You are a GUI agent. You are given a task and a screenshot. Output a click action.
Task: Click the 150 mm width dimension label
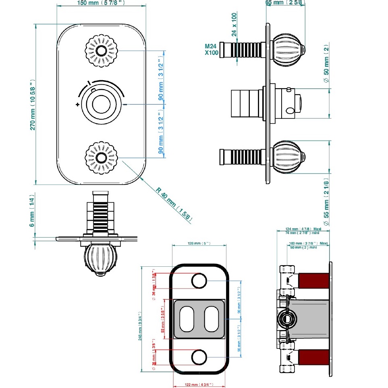(x=101, y=3)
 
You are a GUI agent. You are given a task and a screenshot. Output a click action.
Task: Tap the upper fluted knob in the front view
(x=99, y=51)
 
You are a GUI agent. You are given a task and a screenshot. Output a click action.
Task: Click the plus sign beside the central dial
(x=77, y=105)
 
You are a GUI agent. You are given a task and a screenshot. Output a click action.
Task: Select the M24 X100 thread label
(x=212, y=50)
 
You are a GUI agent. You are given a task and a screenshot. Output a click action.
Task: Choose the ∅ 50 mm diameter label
(x=327, y=64)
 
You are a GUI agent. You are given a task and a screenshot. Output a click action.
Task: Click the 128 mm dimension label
(x=199, y=244)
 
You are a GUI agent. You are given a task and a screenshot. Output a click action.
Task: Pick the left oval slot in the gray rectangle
(x=187, y=319)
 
